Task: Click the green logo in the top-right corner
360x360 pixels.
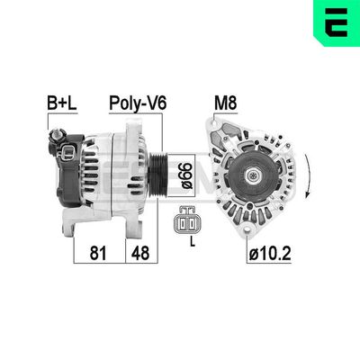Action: point(336,24)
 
